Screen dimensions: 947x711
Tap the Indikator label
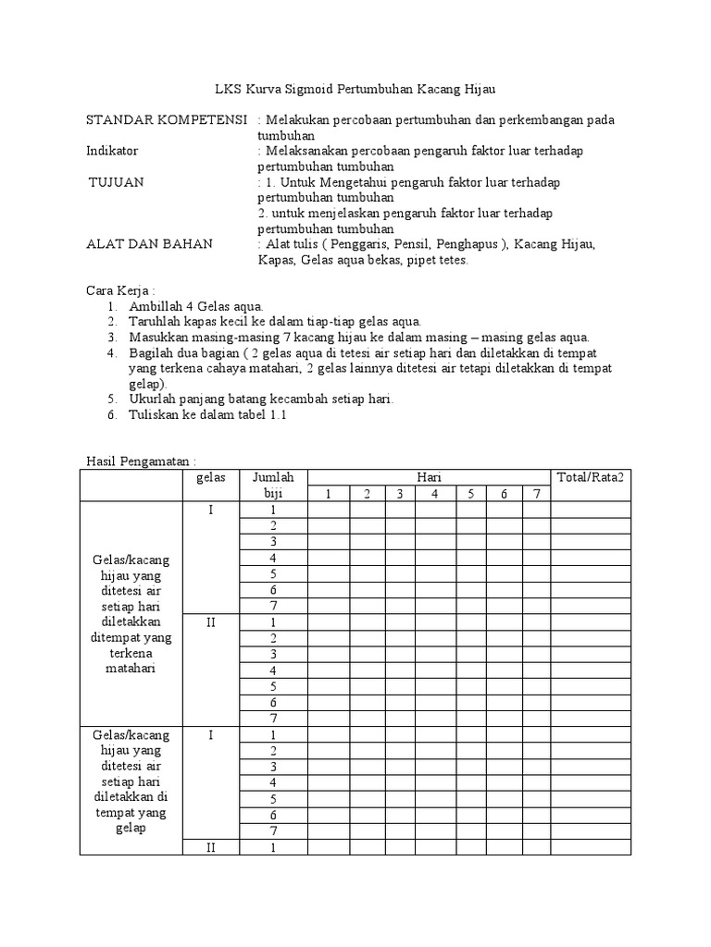click(112, 151)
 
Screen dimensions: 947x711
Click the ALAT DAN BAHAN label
click(149, 244)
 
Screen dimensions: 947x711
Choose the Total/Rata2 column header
click(590, 477)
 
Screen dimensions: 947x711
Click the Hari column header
click(429, 477)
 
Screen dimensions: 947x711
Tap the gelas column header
click(210, 477)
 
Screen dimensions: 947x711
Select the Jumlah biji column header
click(273, 486)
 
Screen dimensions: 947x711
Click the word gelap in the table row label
click(131, 829)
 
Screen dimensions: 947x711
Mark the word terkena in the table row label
click(131, 653)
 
